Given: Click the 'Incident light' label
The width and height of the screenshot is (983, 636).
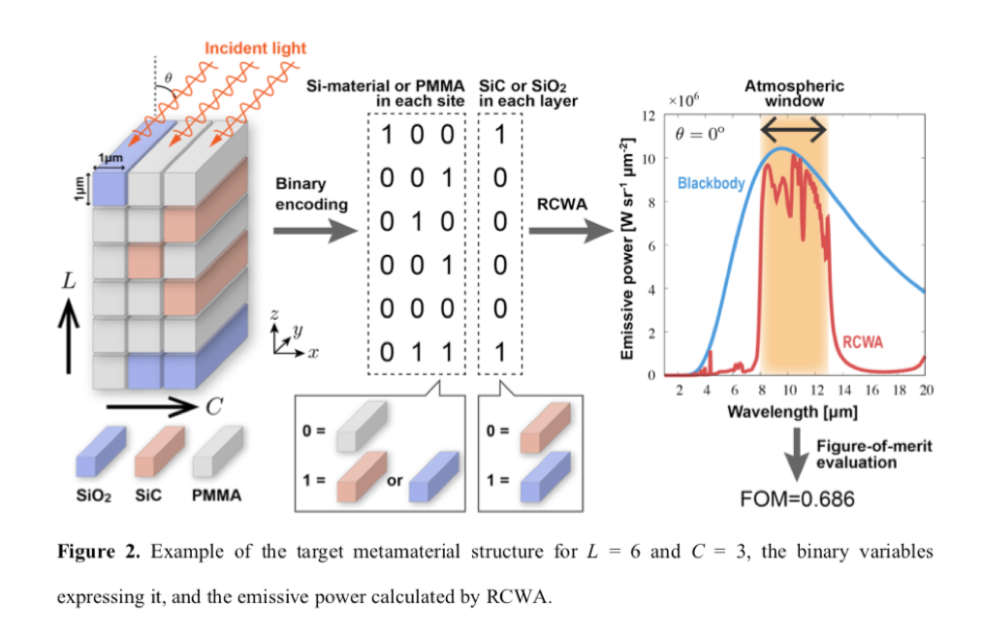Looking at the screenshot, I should (x=255, y=48).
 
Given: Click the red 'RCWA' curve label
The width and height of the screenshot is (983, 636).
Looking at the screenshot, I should (x=863, y=342).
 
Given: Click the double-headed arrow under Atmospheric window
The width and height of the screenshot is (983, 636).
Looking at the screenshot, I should (x=793, y=128).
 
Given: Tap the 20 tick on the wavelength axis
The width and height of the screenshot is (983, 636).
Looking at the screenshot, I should (x=925, y=390).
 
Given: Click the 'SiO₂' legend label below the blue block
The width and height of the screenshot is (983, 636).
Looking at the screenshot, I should (x=94, y=495).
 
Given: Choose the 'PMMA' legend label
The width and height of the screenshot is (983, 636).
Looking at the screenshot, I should (x=216, y=495).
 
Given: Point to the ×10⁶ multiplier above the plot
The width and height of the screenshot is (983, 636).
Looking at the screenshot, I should (x=685, y=99).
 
